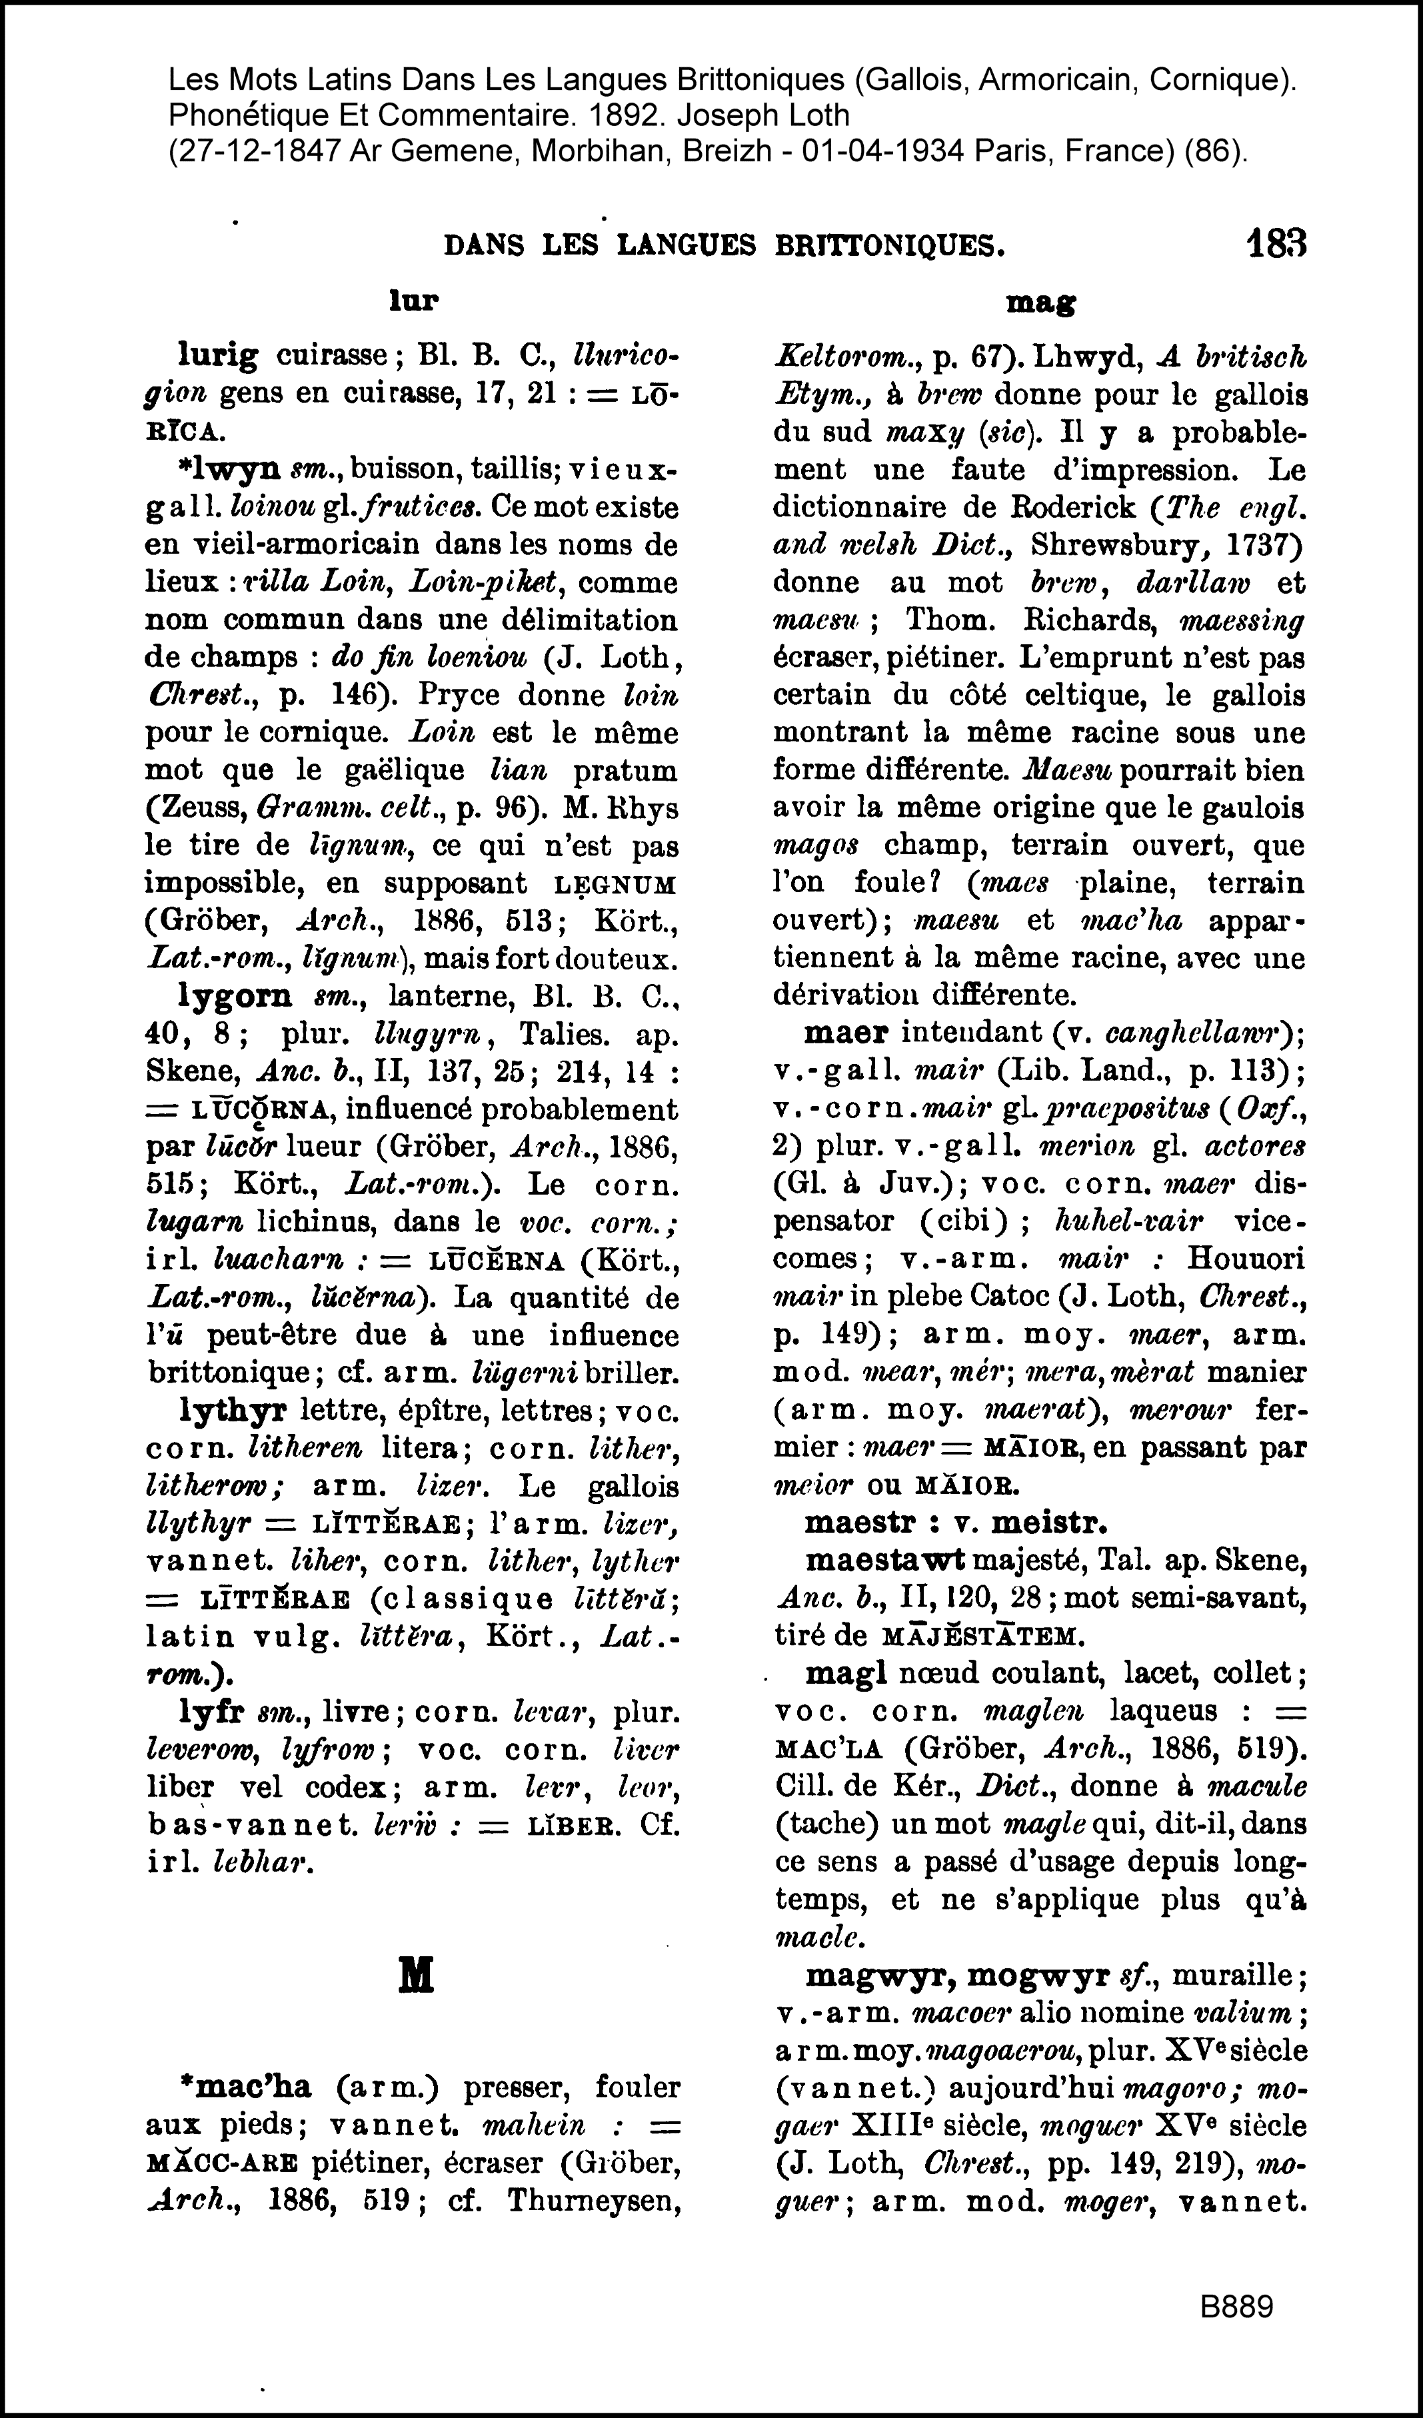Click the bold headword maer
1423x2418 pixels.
[x=845, y=1033]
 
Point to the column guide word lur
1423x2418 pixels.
[x=413, y=301]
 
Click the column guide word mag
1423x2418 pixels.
[x=1039, y=303]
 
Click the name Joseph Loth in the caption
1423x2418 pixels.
[x=763, y=115]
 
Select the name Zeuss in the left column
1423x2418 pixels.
[x=199, y=808]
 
